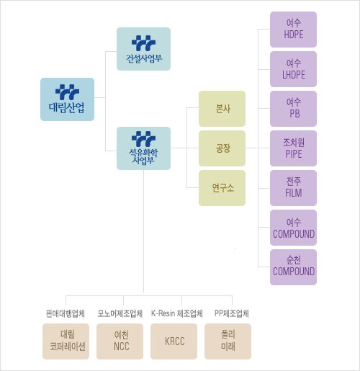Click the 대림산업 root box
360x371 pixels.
[67, 99]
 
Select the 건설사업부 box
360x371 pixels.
[143, 49]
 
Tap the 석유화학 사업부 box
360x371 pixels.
[143, 148]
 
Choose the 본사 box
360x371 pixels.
[222, 109]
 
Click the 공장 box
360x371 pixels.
[222, 148]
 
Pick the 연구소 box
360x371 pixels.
[222, 188]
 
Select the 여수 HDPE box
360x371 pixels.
[293, 30]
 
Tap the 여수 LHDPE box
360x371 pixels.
[293, 69]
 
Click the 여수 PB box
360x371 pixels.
[293, 109]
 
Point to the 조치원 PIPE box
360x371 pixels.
[293, 148]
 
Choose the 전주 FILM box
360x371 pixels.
[293, 188]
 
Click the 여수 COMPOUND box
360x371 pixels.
[293, 228]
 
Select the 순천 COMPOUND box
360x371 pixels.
[293, 267]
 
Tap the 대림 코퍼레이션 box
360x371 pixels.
[66, 341]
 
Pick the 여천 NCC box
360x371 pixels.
[120, 341]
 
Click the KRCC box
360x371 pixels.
[174, 341]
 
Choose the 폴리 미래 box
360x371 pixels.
[228, 341]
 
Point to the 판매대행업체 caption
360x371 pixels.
[66, 313]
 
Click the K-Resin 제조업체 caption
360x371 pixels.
[177, 313]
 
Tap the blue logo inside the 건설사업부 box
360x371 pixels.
[143, 43]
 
